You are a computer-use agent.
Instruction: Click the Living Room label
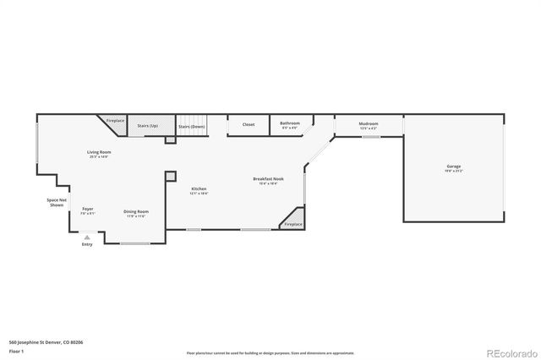pyautogui.click(x=99, y=153)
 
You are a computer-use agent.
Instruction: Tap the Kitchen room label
pyautogui.click(x=199, y=189)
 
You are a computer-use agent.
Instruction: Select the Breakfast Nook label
pyautogui.click(x=268, y=179)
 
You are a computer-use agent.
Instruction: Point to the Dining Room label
pyautogui.click(x=137, y=212)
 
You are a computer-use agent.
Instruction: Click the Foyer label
pyautogui.click(x=87, y=209)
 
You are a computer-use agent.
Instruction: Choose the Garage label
pyautogui.click(x=454, y=167)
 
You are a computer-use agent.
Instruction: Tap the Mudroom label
pyautogui.click(x=369, y=124)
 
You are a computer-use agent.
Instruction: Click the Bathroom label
pyautogui.click(x=290, y=124)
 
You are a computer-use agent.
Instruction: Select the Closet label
pyautogui.click(x=249, y=124)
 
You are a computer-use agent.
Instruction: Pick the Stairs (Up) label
pyautogui.click(x=148, y=125)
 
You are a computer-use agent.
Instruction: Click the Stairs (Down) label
pyautogui.click(x=192, y=126)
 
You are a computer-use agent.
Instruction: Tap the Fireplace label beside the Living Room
pyautogui.click(x=116, y=121)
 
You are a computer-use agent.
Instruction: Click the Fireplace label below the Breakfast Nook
pyautogui.click(x=293, y=224)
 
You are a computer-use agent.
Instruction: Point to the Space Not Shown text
pyautogui.click(x=57, y=202)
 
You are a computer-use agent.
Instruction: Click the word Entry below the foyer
pyautogui.click(x=86, y=245)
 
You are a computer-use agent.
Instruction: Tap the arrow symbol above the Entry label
pyautogui.click(x=86, y=237)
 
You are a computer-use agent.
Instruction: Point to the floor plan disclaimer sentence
pyautogui.click(x=270, y=351)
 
